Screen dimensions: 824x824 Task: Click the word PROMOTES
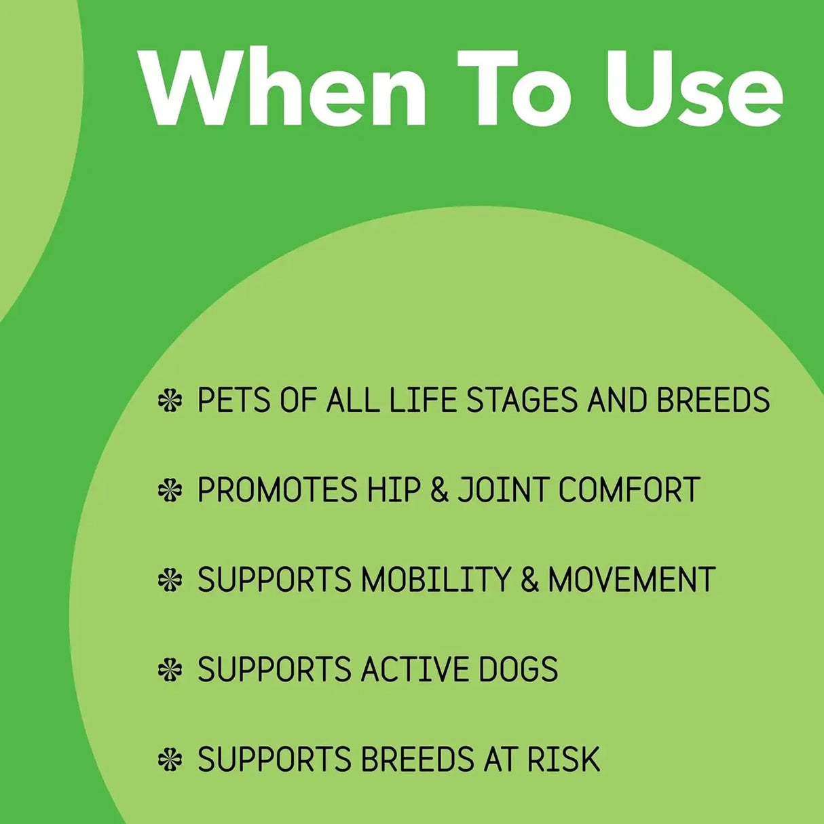(x=277, y=489)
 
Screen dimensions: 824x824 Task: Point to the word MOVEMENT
(x=631, y=580)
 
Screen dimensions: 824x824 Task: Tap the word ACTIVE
(x=415, y=669)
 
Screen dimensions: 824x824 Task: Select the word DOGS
(x=518, y=669)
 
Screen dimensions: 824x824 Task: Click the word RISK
(x=563, y=759)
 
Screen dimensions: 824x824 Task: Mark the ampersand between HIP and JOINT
(x=440, y=489)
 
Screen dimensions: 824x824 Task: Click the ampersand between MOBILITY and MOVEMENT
(x=529, y=580)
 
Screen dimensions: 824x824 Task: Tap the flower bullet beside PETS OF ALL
(x=170, y=400)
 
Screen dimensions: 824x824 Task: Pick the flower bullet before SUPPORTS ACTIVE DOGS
(x=170, y=670)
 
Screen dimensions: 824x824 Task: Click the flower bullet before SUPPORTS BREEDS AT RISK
(x=170, y=760)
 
